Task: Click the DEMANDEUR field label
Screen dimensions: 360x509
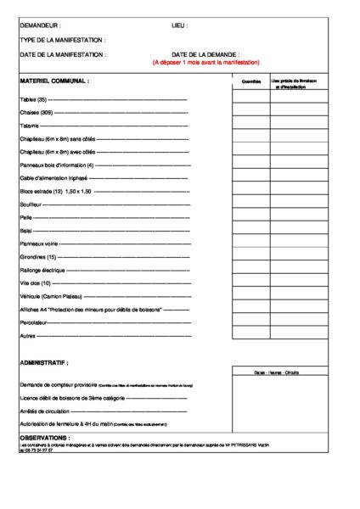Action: click(40, 26)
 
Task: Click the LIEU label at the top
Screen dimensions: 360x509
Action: click(179, 26)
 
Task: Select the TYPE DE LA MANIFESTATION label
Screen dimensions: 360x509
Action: click(62, 40)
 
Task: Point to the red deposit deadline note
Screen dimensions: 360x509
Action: click(205, 62)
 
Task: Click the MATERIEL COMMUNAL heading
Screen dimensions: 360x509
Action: click(54, 81)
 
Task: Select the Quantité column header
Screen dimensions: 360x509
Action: click(251, 81)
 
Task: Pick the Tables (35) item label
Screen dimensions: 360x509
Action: click(33, 99)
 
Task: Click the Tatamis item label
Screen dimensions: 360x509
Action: click(30, 126)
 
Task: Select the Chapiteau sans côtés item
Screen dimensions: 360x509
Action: click(57, 138)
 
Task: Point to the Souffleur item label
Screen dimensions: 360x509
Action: click(31, 204)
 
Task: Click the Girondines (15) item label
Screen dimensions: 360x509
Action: click(38, 256)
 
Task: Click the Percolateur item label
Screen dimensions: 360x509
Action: click(34, 322)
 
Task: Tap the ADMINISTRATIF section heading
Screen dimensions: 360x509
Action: click(43, 362)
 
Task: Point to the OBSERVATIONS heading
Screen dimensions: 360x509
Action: click(45, 438)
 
